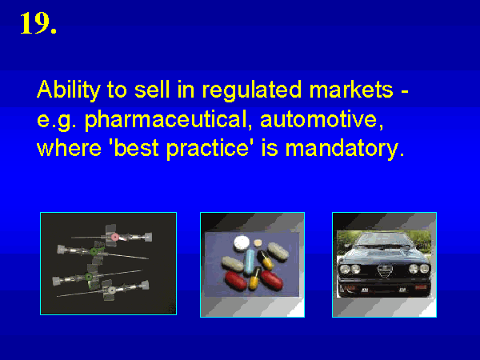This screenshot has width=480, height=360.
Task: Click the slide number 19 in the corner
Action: pos(38,23)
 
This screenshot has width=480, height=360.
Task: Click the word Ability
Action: pos(69,90)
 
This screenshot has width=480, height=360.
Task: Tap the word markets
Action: pos(351,90)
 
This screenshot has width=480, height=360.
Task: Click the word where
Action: pos(69,149)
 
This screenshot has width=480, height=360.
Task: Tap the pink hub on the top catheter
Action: pos(114,238)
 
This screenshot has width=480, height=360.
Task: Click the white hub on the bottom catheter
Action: pos(111,290)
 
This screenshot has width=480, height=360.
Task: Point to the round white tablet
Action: pos(242,242)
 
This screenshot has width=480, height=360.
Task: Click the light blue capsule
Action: pos(250,261)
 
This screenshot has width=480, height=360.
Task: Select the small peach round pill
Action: pos(258,243)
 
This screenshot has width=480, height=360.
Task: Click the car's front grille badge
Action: pos(385,271)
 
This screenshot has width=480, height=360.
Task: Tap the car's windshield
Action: pos(384,240)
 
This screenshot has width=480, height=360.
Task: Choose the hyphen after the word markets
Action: pos(405,91)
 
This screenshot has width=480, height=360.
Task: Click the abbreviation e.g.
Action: pos(57,121)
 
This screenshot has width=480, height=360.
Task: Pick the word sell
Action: pos(152,90)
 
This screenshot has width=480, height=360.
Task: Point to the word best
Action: pos(137,149)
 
